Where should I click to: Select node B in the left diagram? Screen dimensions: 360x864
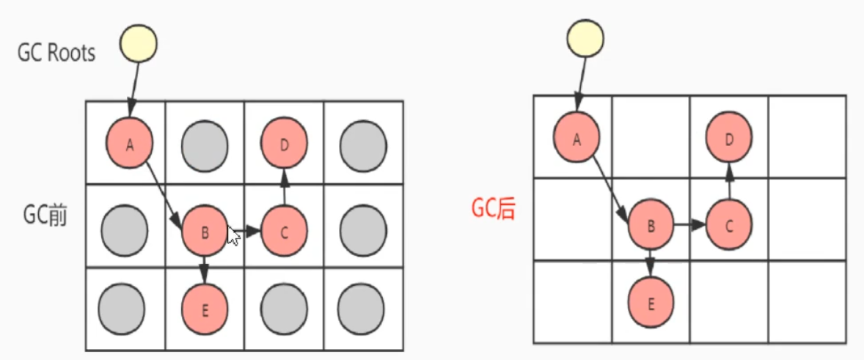pos(205,231)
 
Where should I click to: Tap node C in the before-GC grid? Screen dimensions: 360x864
pos(284,231)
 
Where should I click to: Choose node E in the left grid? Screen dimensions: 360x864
pos(205,307)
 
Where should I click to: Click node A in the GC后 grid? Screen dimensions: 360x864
pos(576,137)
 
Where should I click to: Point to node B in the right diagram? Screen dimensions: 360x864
pos(651,224)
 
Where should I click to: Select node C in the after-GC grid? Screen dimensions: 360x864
pos(729,224)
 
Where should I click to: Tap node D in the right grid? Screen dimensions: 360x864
pos(729,136)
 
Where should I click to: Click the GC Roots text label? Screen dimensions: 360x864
pos(57,52)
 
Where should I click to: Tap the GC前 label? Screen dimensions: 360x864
pos(45,217)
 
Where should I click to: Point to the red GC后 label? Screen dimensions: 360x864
pos(493,210)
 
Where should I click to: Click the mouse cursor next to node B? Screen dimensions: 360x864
pos(233,237)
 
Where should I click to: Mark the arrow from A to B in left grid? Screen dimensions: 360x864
pos(164,189)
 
